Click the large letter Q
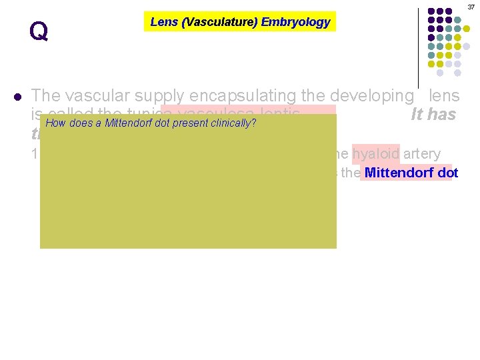[x=39, y=31]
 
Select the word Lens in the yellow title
[x=163, y=22]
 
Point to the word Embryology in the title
[x=295, y=22]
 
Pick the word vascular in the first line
[x=93, y=95]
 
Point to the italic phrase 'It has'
[x=433, y=115]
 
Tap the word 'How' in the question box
[x=55, y=123]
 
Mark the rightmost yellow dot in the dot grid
[x=467, y=29]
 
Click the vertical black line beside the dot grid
[x=419, y=47]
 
